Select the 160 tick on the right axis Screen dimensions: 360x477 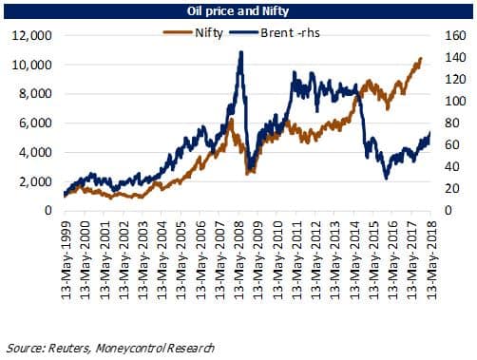(451, 35)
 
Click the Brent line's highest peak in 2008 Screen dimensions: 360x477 (240, 52)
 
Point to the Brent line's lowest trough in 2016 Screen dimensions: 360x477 (386, 178)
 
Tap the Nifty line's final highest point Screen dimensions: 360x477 (420, 59)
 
